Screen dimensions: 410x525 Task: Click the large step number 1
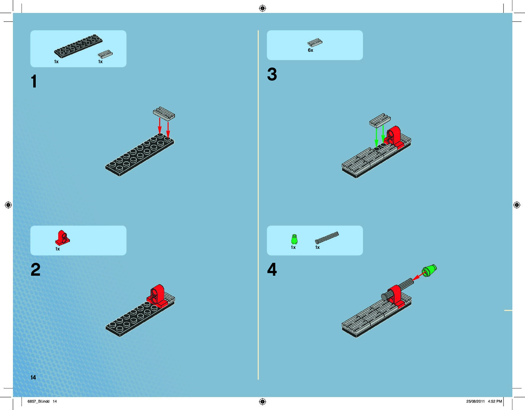pyautogui.click(x=34, y=81)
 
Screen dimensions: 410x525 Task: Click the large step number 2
pyautogui.click(x=35, y=270)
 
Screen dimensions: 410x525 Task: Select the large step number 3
pyautogui.click(x=272, y=75)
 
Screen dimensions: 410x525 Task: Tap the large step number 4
pyautogui.click(x=272, y=270)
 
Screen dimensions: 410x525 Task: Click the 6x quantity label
pyautogui.click(x=310, y=50)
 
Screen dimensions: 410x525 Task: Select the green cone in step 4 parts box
pyautogui.click(x=294, y=239)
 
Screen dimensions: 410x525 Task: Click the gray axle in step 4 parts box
pyautogui.click(x=327, y=237)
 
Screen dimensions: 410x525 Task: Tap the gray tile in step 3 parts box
pyautogui.click(x=315, y=43)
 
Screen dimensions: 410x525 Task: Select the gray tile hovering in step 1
pyautogui.click(x=164, y=113)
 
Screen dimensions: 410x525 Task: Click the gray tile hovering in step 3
pyautogui.click(x=380, y=120)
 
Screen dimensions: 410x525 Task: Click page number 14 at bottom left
pyautogui.click(x=33, y=377)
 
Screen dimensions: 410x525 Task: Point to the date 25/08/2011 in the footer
pyautogui.click(x=475, y=401)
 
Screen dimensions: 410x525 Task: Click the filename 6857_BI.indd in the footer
pyautogui.click(x=38, y=401)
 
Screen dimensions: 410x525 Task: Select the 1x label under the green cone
pyautogui.click(x=293, y=247)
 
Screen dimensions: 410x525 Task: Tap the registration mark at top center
pyautogui.click(x=262, y=8)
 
